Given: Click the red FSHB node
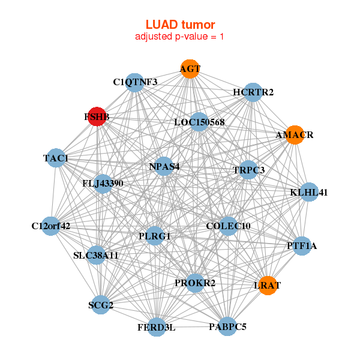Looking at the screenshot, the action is (97, 117).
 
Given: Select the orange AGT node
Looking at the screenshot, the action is (190, 69).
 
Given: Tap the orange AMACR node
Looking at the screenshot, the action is (295, 135).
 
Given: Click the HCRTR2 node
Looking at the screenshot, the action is (253, 92).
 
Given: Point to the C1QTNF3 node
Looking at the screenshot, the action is (136, 82).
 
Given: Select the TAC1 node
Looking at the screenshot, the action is (56, 158).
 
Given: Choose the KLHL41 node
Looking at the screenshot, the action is (309, 193).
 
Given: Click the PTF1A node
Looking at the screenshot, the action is (302, 245).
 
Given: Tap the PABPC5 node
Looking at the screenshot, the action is (227, 326).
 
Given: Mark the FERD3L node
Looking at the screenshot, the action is (157, 327).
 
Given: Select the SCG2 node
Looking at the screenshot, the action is (100, 305).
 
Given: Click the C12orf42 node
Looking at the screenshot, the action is (51, 226).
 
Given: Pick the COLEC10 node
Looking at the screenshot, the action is (228, 226).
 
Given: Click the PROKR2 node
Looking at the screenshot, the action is (195, 282).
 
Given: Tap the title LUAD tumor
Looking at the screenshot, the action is (180, 25).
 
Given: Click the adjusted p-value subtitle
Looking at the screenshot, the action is (180, 37).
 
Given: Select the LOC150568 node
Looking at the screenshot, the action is (199, 122).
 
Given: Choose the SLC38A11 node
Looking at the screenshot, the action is (96, 255).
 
